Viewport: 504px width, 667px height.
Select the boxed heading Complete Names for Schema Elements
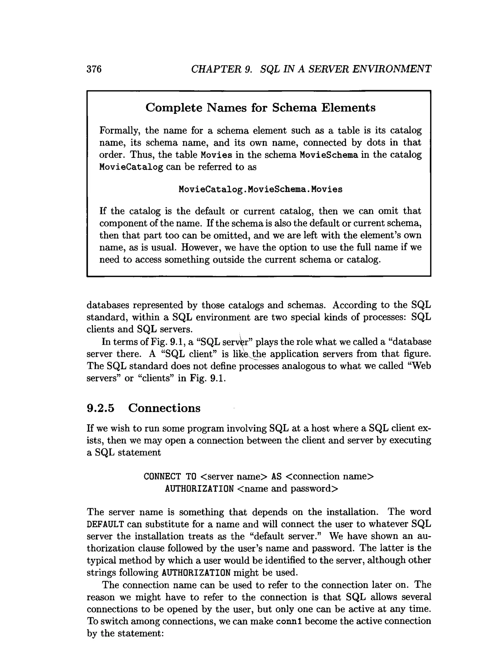(260, 108)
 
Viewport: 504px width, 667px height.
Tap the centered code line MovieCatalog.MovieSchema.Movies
(260, 189)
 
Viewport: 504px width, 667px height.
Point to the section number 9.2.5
(101, 408)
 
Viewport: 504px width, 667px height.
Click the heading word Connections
(164, 408)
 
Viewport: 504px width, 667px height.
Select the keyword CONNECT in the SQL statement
(162, 477)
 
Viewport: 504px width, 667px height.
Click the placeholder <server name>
(234, 477)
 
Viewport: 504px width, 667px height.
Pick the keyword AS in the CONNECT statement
(276, 477)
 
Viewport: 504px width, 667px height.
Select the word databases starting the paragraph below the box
(108, 305)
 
